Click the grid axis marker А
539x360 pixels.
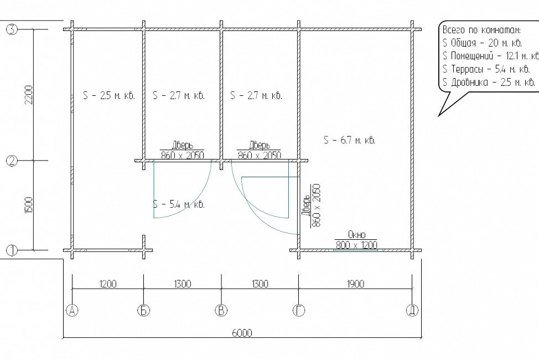(x=72, y=311)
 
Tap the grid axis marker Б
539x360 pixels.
(x=144, y=311)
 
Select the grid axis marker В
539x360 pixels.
(x=221, y=311)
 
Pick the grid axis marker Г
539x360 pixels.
(x=299, y=311)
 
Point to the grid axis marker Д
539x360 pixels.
(x=412, y=311)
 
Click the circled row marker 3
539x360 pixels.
(x=12, y=29)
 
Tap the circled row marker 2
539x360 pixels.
(x=12, y=161)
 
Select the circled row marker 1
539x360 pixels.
(x=12, y=250)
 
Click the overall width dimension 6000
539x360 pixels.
(x=242, y=333)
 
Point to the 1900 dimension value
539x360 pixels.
(x=355, y=284)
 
